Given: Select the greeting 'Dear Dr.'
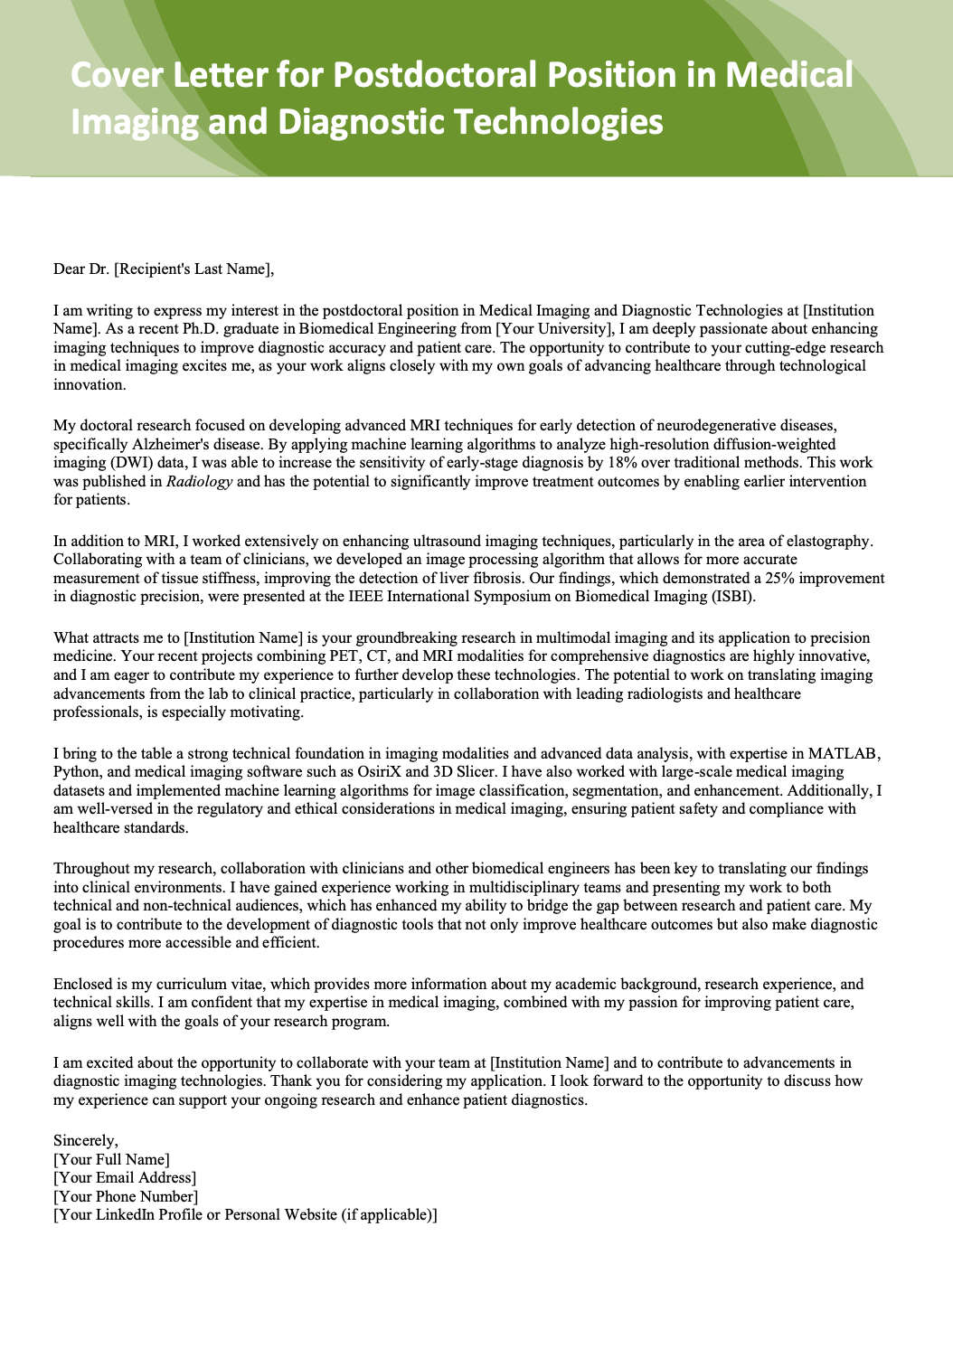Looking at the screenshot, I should (81, 269).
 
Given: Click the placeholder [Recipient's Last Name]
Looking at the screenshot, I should (193, 269).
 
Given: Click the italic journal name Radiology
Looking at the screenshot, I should (200, 481).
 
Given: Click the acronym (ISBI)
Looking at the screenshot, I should (731, 596).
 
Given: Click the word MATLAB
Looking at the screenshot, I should (843, 753).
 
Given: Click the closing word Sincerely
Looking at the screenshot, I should (84, 1141).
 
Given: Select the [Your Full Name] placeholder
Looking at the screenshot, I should (112, 1159).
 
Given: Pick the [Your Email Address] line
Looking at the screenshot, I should (125, 1177).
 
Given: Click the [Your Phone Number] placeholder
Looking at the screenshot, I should (126, 1196).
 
